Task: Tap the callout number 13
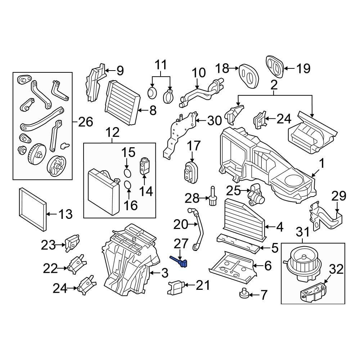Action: coord(65,215)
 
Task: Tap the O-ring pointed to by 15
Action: coord(127,173)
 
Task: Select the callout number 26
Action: coord(86,122)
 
